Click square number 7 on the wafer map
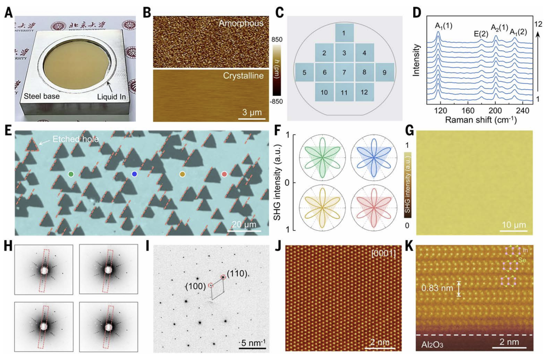[344, 72]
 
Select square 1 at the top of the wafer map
[344, 33]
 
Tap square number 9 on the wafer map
[385, 72]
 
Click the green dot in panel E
[71, 174]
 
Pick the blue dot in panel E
[134, 174]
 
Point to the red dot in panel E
[225, 174]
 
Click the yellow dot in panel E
[183, 174]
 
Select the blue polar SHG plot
[374, 157]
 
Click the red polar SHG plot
[374, 208]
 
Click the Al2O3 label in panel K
[433, 345]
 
